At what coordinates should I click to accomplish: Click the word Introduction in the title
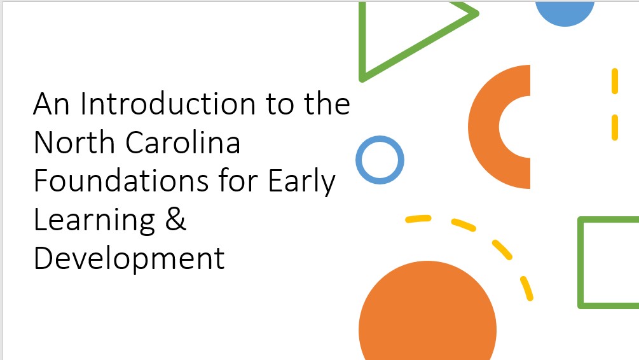[168, 104]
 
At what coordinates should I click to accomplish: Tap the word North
[74, 142]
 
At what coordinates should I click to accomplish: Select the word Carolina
[182, 142]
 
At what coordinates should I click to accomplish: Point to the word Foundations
[121, 181]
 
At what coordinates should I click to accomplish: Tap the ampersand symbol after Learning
[175, 219]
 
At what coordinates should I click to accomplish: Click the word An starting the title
[52, 104]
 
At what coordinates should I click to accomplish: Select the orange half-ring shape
[484, 127]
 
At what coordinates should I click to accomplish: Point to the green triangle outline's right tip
[478, 13]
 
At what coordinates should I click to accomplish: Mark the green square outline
[581, 263]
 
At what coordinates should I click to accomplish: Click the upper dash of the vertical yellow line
[615, 81]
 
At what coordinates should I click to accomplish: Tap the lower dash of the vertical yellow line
[615, 128]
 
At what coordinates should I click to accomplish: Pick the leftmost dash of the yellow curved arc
[418, 219]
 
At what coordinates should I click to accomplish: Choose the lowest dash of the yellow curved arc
[526, 289]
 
